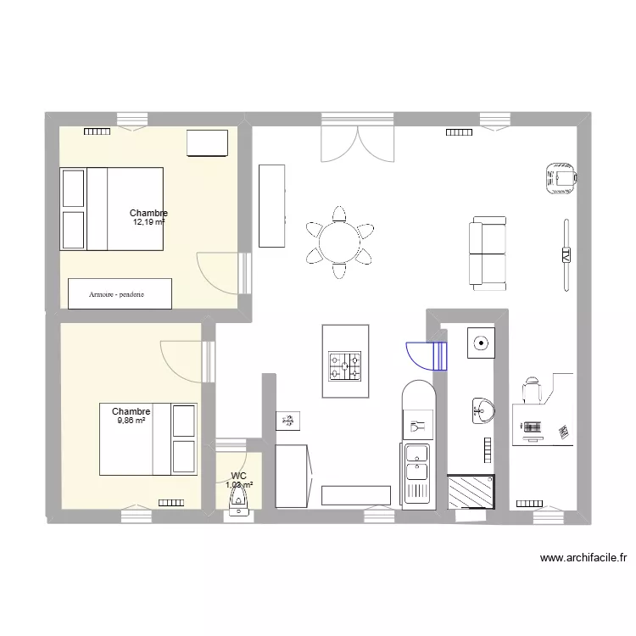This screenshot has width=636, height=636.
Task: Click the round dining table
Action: [x=339, y=241]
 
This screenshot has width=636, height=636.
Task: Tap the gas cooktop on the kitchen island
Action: [x=346, y=366]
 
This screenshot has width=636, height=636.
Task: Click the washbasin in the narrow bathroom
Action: [x=480, y=411]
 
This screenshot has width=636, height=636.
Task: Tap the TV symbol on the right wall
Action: [x=565, y=254]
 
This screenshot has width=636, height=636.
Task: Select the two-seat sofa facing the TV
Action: [x=488, y=252]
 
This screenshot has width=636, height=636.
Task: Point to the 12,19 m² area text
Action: [x=148, y=222]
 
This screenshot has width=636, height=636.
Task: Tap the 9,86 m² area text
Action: [x=131, y=420]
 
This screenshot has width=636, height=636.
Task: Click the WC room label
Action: [x=238, y=476]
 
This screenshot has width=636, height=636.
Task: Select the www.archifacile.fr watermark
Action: [x=583, y=558]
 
